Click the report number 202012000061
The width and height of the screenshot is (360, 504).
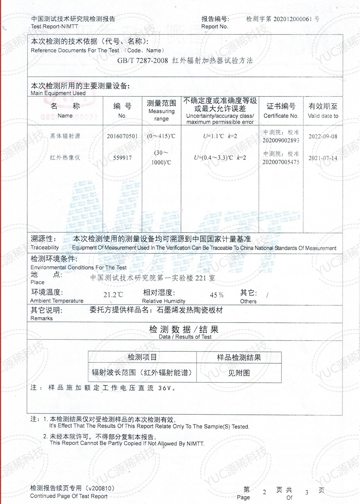click(292, 19)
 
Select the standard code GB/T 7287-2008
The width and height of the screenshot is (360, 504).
click(143, 60)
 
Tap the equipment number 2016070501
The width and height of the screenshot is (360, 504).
click(122, 136)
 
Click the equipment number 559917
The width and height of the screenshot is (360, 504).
click(122, 158)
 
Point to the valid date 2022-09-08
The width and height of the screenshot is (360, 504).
click(323, 136)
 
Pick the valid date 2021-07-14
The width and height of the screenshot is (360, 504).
click(323, 158)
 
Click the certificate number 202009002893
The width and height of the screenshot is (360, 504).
click(281, 140)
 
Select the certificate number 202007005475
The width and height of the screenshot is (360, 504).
click(281, 162)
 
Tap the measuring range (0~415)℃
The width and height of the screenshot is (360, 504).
click(161, 136)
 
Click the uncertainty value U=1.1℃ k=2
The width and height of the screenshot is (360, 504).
click(220, 136)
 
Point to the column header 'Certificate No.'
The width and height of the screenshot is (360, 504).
click(281, 116)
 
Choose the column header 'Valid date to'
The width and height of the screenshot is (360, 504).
click(323, 116)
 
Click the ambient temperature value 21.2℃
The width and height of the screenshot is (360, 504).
click(113, 295)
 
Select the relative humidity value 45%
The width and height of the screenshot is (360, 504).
click(216, 295)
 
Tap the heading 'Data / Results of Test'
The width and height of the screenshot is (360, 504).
click(185, 337)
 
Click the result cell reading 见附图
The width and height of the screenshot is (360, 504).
click(239, 373)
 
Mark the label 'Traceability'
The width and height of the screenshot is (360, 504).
click(45, 248)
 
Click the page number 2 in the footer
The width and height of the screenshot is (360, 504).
click(265, 492)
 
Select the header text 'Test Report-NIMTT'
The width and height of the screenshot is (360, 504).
click(54, 26)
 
